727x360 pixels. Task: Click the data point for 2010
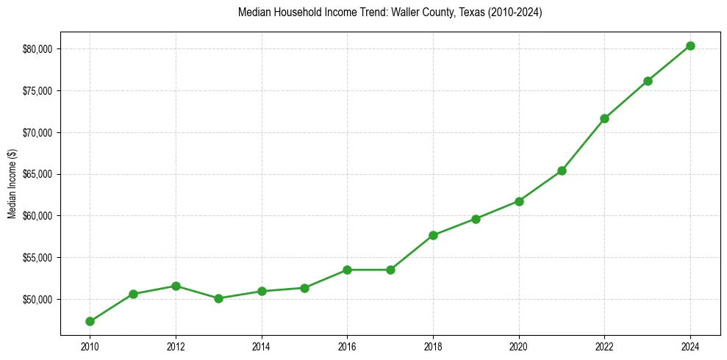[90, 321]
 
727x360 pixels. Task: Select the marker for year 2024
[690, 46]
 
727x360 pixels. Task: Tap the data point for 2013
[218, 298]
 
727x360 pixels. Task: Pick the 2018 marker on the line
[433, 235]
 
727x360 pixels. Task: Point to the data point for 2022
[604, 118]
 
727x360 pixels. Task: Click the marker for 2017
[390, 270]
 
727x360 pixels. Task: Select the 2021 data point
[562, 170]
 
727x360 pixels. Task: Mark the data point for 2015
[304, 288]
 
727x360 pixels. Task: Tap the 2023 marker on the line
[648, 81]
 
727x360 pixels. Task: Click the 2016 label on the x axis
[347, 346]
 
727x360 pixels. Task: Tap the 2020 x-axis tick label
[519, 346]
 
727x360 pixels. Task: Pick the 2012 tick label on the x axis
[176, 346]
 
